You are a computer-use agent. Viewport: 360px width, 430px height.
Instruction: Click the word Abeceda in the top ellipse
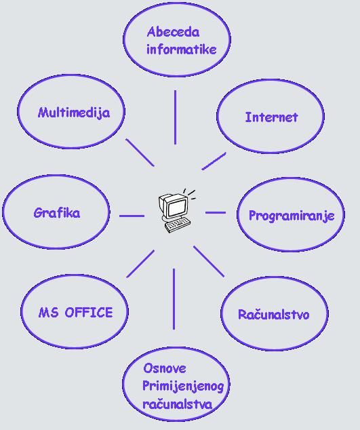tap(173, 32)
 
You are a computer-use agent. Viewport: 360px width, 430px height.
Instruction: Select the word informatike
tap(182, 50)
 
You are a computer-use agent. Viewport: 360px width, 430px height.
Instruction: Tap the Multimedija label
tap(74, 113)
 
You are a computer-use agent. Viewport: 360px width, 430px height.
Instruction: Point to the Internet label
tap(271, 117)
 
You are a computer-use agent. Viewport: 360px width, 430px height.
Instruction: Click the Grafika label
tap(57, 213)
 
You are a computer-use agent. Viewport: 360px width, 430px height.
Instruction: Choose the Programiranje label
tap(292, 216)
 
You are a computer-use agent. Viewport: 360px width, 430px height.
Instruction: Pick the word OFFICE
tap(89, 313)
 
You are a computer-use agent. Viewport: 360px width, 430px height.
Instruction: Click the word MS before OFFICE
tap(48, 313)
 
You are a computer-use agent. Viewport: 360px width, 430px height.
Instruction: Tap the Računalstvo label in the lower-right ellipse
tap(274, 314)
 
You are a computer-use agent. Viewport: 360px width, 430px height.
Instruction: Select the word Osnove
tap(165, 368)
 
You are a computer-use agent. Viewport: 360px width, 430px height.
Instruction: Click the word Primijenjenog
tap(183, 387)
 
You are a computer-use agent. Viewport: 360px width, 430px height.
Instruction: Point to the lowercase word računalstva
tap(178, 404)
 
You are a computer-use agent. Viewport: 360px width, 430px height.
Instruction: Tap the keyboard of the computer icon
tap(178, 225)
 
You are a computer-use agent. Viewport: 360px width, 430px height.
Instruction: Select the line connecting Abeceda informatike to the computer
tap(175, 117)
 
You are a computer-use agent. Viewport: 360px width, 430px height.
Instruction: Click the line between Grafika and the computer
tap(132, 216)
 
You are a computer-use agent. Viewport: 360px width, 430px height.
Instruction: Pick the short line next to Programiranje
tap(216, 212)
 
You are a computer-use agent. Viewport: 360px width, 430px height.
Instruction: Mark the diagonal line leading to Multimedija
tap(140, 153)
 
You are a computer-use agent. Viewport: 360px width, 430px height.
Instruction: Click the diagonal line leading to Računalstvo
tap(209, 261)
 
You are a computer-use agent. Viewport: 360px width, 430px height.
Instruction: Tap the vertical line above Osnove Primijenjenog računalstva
tap(174, 299)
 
